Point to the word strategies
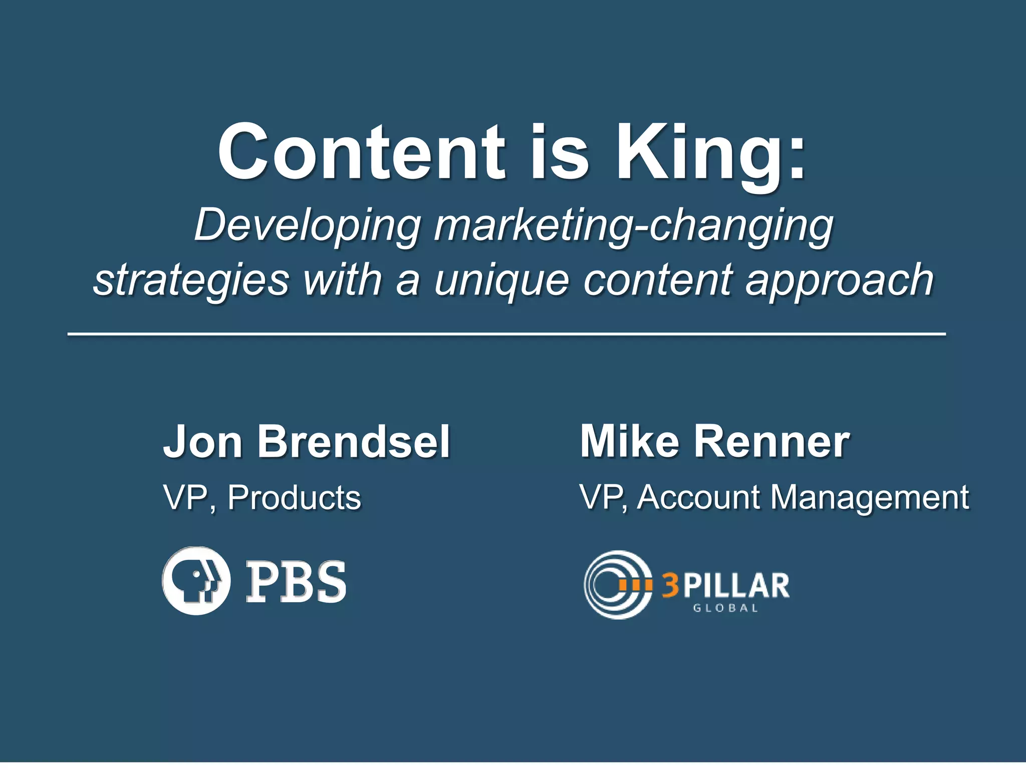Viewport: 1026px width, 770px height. coord(191,281)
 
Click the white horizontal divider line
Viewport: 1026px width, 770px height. coord(506,333)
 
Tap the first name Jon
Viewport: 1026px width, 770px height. coord(202,442)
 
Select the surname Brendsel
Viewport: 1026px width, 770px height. coord(354,442)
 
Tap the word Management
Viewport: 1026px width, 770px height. coord(869,499)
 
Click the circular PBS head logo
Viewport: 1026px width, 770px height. coord(196,581)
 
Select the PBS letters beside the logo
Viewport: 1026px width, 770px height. coord(296,582)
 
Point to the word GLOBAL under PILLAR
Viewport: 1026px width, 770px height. coord(725,608)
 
